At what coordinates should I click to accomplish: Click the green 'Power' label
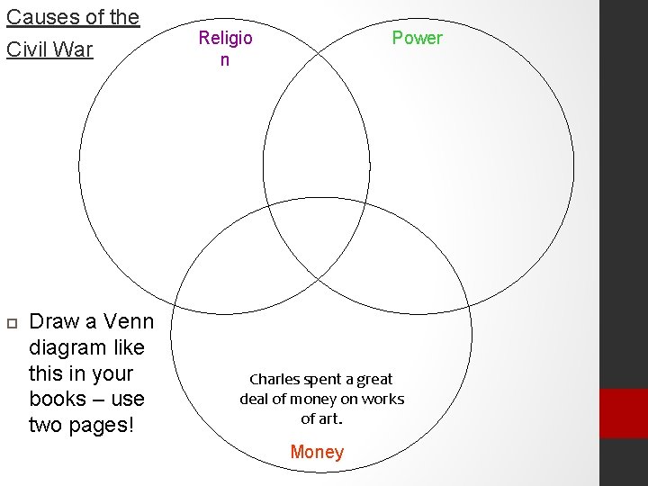pos(417,38)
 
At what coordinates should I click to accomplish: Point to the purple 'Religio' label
pos(225,38)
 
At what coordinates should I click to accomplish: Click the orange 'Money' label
pos(317,452)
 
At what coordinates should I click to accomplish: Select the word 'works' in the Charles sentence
pos(383,399)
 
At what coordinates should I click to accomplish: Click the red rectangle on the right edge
pos(624,413)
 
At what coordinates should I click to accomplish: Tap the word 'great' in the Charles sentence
pos(374,380)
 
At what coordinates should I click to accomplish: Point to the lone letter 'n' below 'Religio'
pos(225,60)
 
